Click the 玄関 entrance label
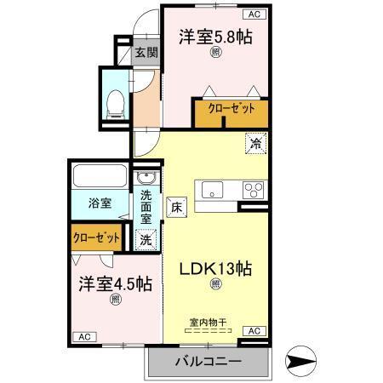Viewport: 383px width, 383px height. click(x=146, y=53)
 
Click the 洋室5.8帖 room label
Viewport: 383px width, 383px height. click(x=215, y=37)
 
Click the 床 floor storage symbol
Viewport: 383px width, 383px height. click(x=176, y=206)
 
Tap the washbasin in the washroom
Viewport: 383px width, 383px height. click(x=146, y=179)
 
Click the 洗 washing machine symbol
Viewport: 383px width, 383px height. click(x=146, y=240)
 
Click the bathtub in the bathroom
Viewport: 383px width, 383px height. click(x=100, y=177)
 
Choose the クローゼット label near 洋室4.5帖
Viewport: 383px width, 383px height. click(x=96, y=237)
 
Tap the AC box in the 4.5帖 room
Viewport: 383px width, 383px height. click(x=84, y=337)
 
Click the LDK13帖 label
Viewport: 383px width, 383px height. click(x=214, y=267)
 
